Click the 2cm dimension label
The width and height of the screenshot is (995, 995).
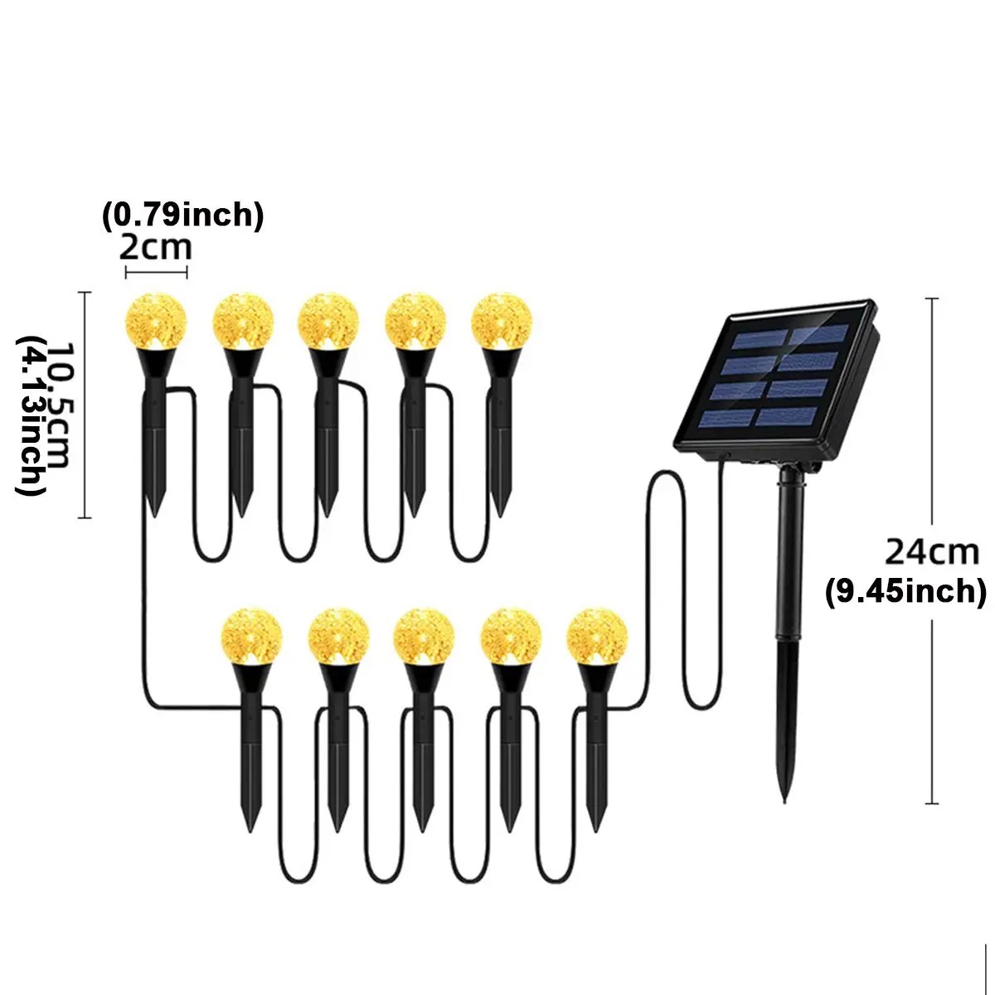coord(155,248)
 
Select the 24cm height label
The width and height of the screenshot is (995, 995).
coord(931,552)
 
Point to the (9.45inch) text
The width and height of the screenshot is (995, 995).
coord(905,590)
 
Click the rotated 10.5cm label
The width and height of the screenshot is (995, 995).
coord(58,405)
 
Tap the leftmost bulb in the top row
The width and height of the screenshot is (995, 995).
coord(155,322)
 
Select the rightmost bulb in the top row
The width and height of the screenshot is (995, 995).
coord(502,322)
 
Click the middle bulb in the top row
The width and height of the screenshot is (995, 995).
coord(328,322)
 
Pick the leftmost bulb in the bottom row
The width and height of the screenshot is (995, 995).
coord(251,637)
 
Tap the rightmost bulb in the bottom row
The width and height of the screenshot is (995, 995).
coord(597,637)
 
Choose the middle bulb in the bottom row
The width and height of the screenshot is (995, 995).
coord(424,637)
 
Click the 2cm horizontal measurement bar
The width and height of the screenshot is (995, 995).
coord(156,272)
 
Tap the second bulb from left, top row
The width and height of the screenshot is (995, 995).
coord(242,322)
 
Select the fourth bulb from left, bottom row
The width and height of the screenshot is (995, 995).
coord(511,637)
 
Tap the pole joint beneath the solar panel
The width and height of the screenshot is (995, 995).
coord(794,478)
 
